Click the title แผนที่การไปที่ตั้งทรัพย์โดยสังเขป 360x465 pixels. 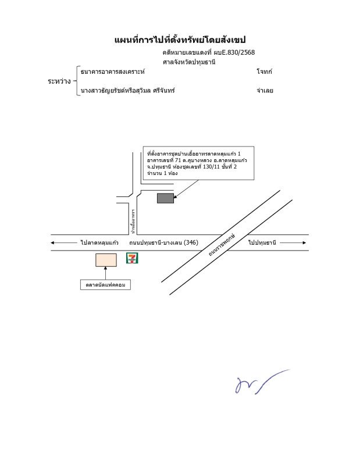(x=180, y=40)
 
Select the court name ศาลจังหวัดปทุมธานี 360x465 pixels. (x=189, y=62)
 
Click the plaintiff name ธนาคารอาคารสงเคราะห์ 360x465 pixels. (x=113, y=71)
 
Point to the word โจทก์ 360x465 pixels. (x=264, y=71)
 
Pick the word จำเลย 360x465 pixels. (x=265, y=91)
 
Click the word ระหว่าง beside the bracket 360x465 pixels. (x=59, y=81)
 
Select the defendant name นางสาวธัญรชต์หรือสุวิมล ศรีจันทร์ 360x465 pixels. (x=128, y=91)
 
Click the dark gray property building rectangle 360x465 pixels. (x=165, y=198)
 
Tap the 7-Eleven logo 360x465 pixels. (x=133, y=258)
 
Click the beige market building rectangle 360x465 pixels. (x=106, y=260)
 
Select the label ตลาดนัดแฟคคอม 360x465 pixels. (x=105, y=285)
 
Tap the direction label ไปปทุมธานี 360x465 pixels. (x=262, y=242)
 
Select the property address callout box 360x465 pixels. (x=198, y=163)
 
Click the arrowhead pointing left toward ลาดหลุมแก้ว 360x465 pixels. (x=53, y=242)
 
